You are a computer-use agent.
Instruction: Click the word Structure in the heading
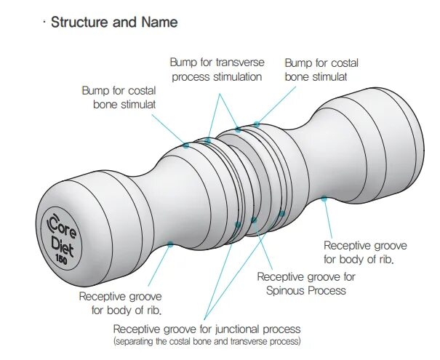point(80,22)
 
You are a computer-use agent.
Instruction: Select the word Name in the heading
point(159,22)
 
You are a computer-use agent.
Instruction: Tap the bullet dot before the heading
point(44,22)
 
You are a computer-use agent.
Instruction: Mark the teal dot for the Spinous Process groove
point(254,220)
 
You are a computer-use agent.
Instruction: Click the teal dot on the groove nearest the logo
point(170,244)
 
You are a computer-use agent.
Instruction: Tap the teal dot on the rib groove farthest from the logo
point(324,199)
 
